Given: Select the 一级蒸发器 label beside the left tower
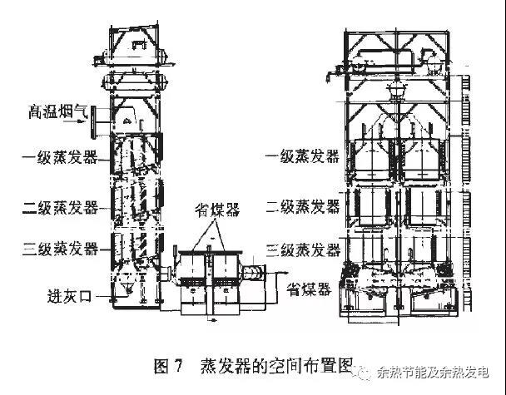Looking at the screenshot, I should click(x=61, y=156).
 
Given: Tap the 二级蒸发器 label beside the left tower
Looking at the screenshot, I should click(x=61, y=205).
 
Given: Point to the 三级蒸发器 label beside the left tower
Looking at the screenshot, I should click(x=61, y=248).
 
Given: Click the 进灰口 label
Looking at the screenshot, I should click(x=71, y=294).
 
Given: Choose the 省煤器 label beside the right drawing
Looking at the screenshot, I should click(x=308, y=289).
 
